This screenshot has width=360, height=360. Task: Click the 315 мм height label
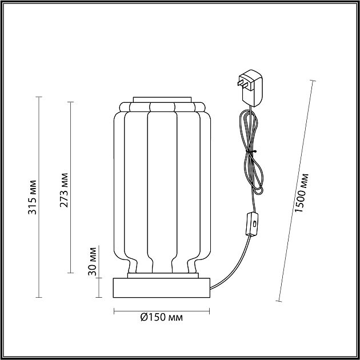click(32, 197)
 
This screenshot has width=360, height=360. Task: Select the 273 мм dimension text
click(64, 190)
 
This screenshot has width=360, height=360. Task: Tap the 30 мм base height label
click(93, 261)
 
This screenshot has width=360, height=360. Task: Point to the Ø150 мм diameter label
click(161, 317)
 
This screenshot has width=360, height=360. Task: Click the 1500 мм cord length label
click(301, 193)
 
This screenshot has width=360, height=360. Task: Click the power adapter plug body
click(251, 89)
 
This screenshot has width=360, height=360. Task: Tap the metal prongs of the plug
click(242, 84)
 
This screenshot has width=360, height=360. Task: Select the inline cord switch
click(252, 224)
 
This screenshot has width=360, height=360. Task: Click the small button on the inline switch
click(254, 223)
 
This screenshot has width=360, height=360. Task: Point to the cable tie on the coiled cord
click(251, 151)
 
